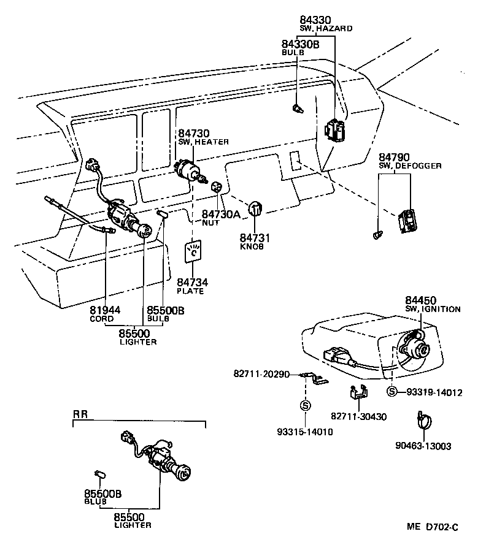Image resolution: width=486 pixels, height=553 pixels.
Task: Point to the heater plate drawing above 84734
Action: click(x=195, y=254)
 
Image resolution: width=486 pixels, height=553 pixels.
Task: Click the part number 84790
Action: click(x=393, y=158)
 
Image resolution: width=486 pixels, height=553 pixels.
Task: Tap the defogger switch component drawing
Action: click(x=407, y=221)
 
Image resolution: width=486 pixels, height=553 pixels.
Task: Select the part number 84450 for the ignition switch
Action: click(x=420, y=300)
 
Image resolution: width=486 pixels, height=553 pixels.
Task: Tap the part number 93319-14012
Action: click(x=434, y=392)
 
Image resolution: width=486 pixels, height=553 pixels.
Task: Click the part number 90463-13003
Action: click(x=423, y=446)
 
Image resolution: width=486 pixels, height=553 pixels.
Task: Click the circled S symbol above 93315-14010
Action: click(x=306, y=405)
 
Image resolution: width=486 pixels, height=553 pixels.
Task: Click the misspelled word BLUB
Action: click(x=95, y=501)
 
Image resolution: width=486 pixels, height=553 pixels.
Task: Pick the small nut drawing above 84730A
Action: click(x=216, y=186)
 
